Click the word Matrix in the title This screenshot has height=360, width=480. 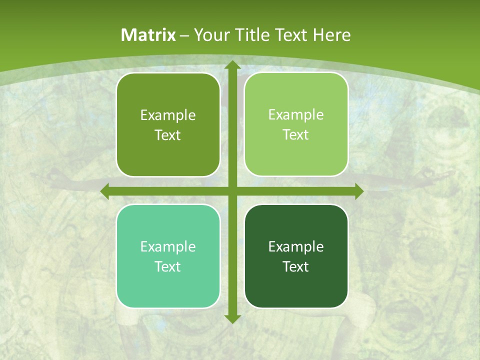pos(148,35)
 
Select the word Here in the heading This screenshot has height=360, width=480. pos(332,35)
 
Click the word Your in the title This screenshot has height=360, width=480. pos(209,35)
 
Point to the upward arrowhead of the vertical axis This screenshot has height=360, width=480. pos(232,64)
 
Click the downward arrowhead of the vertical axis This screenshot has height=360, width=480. pos(232,319)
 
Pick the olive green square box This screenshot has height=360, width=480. pos(168,124)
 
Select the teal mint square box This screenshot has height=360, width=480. pos(168,256)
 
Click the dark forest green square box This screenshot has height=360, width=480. pos(296,256)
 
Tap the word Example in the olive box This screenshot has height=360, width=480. pos(168,115)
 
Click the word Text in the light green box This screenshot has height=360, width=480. pos(296,135)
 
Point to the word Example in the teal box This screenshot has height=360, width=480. pos(168,246)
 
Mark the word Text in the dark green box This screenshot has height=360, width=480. pos(296,266)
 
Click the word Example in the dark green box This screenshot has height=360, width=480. pos(296,246)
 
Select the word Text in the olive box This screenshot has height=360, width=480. pos(168,135)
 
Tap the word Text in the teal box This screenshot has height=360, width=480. pos(168,266)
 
